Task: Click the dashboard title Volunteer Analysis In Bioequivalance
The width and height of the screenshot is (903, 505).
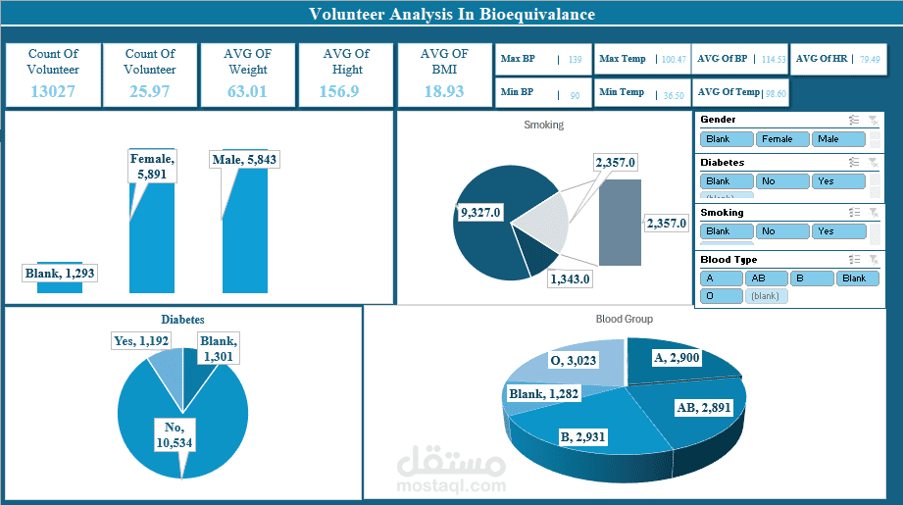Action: [451, 14]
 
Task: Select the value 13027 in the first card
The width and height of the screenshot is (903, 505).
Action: [53, 91]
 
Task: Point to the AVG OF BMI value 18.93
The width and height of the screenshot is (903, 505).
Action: [443, 91]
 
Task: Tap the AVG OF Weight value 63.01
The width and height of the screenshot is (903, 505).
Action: [247, 91]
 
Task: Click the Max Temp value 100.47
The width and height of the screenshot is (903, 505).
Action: [673, 60]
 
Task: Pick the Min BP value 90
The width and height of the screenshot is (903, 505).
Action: [575, 96]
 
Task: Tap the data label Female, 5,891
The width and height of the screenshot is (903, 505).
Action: [152, 167]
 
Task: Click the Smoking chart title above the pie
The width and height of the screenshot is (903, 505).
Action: [543, 125]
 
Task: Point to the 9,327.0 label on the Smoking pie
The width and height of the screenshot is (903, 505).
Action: [480, 212]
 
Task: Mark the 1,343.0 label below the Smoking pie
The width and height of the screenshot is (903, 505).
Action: [570, 279]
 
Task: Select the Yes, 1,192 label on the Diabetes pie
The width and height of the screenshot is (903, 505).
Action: [141, 341]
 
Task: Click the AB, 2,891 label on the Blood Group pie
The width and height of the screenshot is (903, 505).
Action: [704, 407]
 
